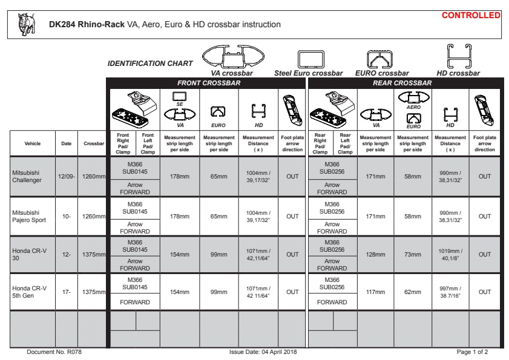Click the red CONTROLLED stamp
(x=471, y=15)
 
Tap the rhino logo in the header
(x=27, y=23)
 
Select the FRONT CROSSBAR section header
(x=209, y=83)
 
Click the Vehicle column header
(x=33, y=143)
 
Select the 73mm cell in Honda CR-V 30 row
(x=412, y=255)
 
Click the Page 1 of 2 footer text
(x=473, y=352)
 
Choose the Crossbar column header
(x=94, y=143)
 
